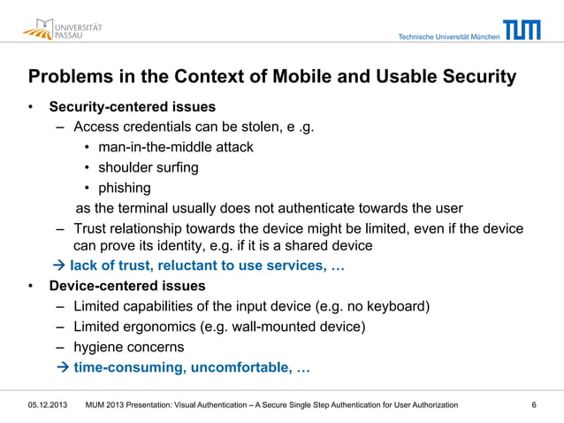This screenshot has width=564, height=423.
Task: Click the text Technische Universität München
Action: coord(448,37)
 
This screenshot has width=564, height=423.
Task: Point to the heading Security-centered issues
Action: coord(132,108)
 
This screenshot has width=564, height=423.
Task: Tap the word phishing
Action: coord(124,188)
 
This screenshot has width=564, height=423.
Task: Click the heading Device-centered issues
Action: coord(126,286)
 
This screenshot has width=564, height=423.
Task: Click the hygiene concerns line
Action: coord(128,347)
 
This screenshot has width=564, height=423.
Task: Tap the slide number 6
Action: coord(534,405)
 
